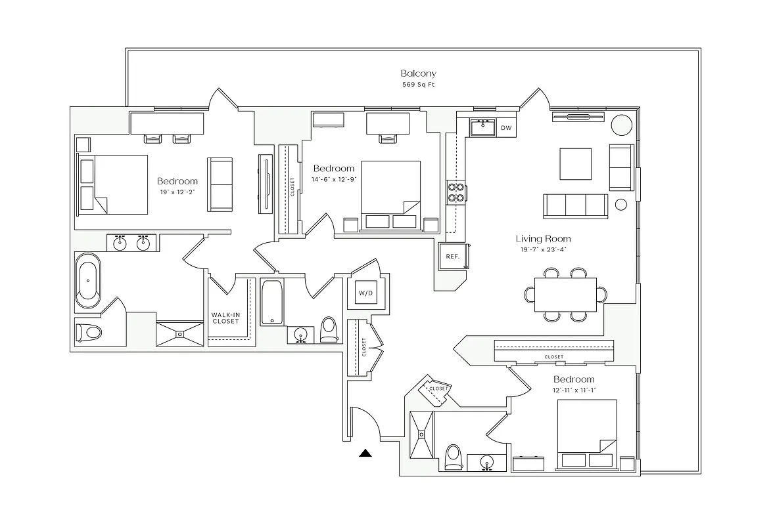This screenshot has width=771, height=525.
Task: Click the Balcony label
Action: [418, 73]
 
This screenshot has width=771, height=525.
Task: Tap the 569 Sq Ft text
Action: [418, 85]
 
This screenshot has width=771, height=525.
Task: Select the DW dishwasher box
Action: [505, 128]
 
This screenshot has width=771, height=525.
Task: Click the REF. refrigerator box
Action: [452, 257]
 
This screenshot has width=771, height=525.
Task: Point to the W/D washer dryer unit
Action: [365, 292]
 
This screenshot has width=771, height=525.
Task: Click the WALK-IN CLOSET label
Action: [225, 318]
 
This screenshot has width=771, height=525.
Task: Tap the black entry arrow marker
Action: [366, 452]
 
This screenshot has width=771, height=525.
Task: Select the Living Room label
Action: [543, 239]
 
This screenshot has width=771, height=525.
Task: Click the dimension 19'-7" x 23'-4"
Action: [543, 250]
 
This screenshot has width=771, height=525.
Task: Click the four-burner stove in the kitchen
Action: [456, 191]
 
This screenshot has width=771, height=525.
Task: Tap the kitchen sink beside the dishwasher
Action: [483, 127]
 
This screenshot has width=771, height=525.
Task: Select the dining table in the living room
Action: [565, 295]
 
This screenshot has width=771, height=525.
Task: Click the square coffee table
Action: [575, 163]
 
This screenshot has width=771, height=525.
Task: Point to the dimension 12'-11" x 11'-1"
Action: [574, 390]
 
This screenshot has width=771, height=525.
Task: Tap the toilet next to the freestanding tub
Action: [88, 331]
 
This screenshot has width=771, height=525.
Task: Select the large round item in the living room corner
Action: [620, 125]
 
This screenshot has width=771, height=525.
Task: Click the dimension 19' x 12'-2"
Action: [177, 192]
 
